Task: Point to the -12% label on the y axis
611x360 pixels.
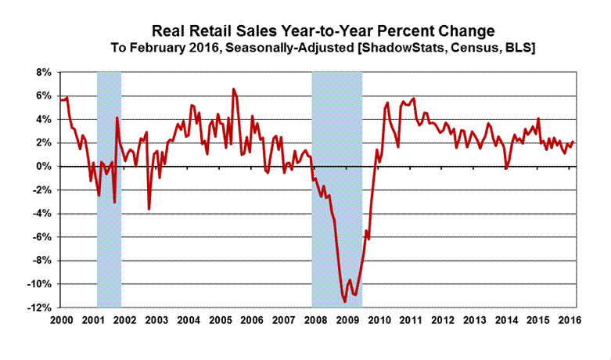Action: point(39,308)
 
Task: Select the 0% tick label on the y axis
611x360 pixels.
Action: point(42,167)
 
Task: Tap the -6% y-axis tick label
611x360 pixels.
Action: point(41,237)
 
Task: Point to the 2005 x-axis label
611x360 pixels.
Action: point(219,321)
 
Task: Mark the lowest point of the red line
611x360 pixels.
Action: point(344,301)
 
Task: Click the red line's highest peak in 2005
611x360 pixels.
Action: point(232,89)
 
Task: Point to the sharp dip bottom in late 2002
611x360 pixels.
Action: point(149,209)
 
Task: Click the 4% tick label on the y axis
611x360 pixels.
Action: point(42,120)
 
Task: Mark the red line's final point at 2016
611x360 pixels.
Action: point(573,142)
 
